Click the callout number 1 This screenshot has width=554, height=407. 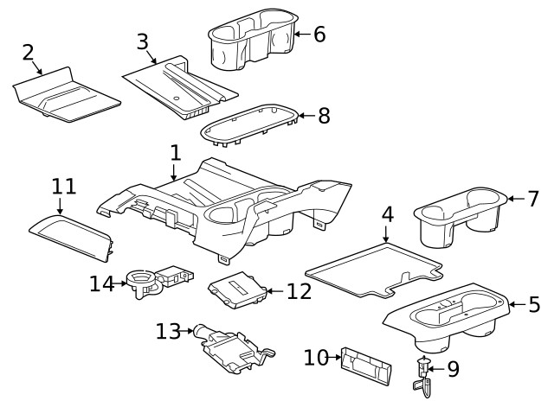click(x=176, y=154)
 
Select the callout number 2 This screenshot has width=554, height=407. click(x=29, y=52)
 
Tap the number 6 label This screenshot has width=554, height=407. click(x=319, y=35)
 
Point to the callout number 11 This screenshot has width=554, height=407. click(x=64, y=186)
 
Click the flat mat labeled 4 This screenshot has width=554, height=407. click(x=372, y=268)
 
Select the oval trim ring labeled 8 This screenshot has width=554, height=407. click(x=251, y=128)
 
